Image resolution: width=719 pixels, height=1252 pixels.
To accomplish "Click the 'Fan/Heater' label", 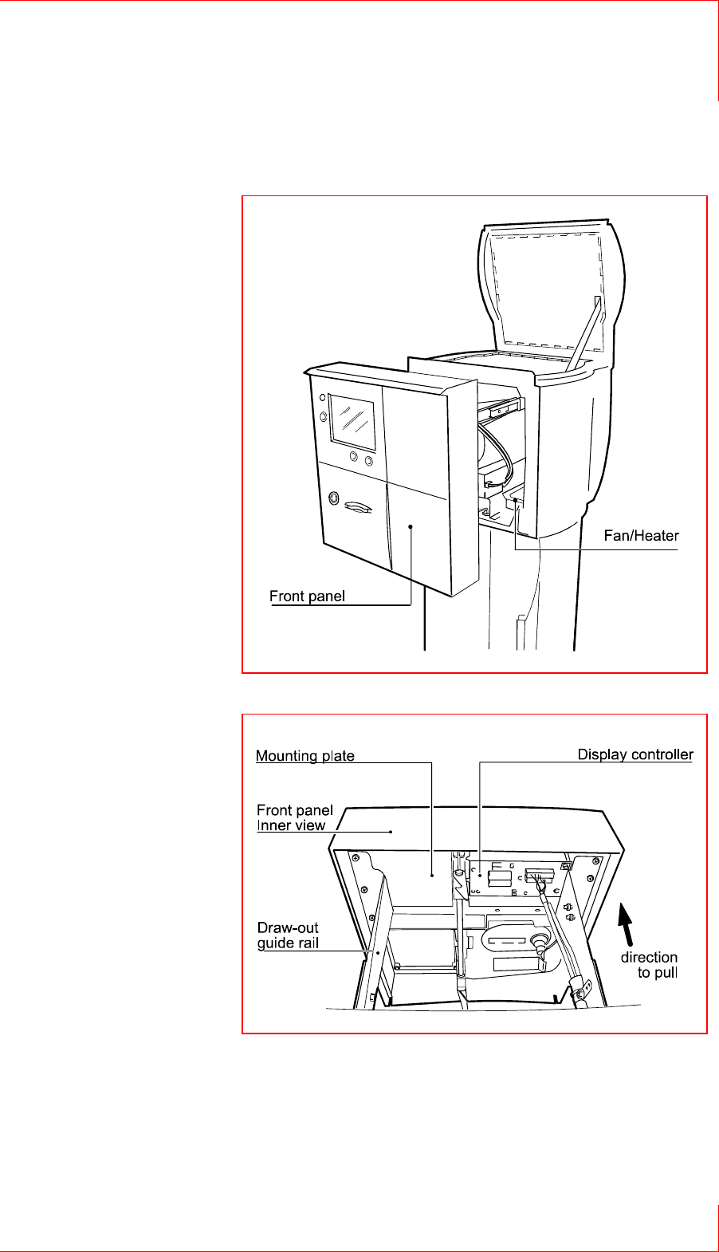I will (641, 536).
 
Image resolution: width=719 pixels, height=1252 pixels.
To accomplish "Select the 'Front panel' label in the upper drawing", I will (307, 596).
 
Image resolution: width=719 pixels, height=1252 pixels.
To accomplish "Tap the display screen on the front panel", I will (353, 420).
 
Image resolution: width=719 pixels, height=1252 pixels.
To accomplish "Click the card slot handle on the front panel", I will (358, 506).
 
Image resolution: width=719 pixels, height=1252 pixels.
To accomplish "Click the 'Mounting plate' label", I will (305, 756).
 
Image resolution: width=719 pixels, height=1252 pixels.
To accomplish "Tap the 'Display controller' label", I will (635, 754).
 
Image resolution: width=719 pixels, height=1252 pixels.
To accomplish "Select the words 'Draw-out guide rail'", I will (288, 935).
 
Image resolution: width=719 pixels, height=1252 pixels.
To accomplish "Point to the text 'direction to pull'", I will (649, 965).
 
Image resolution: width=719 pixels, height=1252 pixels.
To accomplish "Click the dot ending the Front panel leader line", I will (411, 526).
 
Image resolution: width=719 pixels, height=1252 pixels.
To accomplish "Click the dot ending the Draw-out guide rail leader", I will (378, 951).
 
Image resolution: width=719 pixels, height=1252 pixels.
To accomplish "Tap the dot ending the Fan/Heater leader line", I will (516, 500).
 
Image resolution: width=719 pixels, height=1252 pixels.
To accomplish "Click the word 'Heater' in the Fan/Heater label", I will (658, 536).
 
